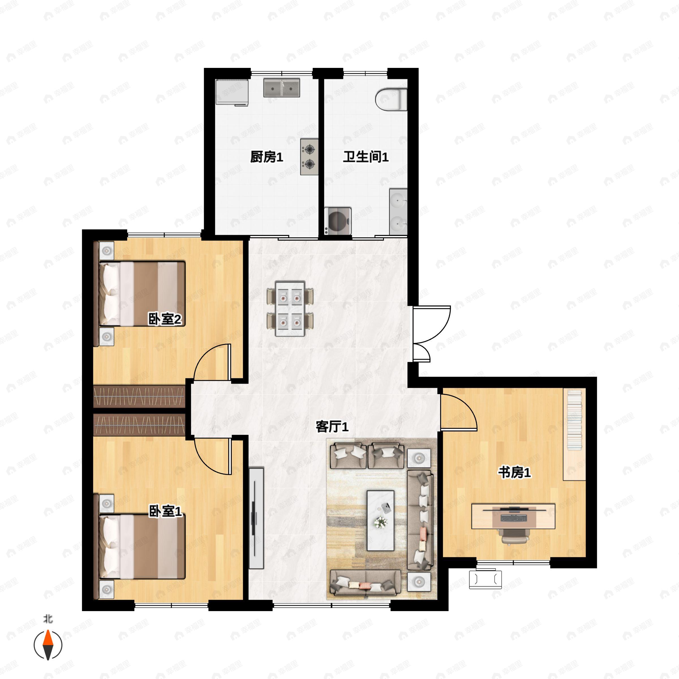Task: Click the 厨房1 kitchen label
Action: click(267, 157)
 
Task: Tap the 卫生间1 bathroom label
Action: click(366, 157)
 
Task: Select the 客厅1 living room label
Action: click(332, 427)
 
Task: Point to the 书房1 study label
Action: click(514, 473)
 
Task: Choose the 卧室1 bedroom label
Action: click(165, 511)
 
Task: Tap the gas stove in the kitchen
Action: click(309, 157)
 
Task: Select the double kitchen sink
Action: click(282, 88)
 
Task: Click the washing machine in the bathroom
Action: click(338, 221)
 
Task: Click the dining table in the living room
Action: click(290, 308)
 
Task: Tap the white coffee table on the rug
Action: click(380, 521)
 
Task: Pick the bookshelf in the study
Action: click(574, 434)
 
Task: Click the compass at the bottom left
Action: click(48, 645)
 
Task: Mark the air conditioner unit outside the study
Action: click(485, 579)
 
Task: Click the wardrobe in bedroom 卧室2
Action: click(139, 396)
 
